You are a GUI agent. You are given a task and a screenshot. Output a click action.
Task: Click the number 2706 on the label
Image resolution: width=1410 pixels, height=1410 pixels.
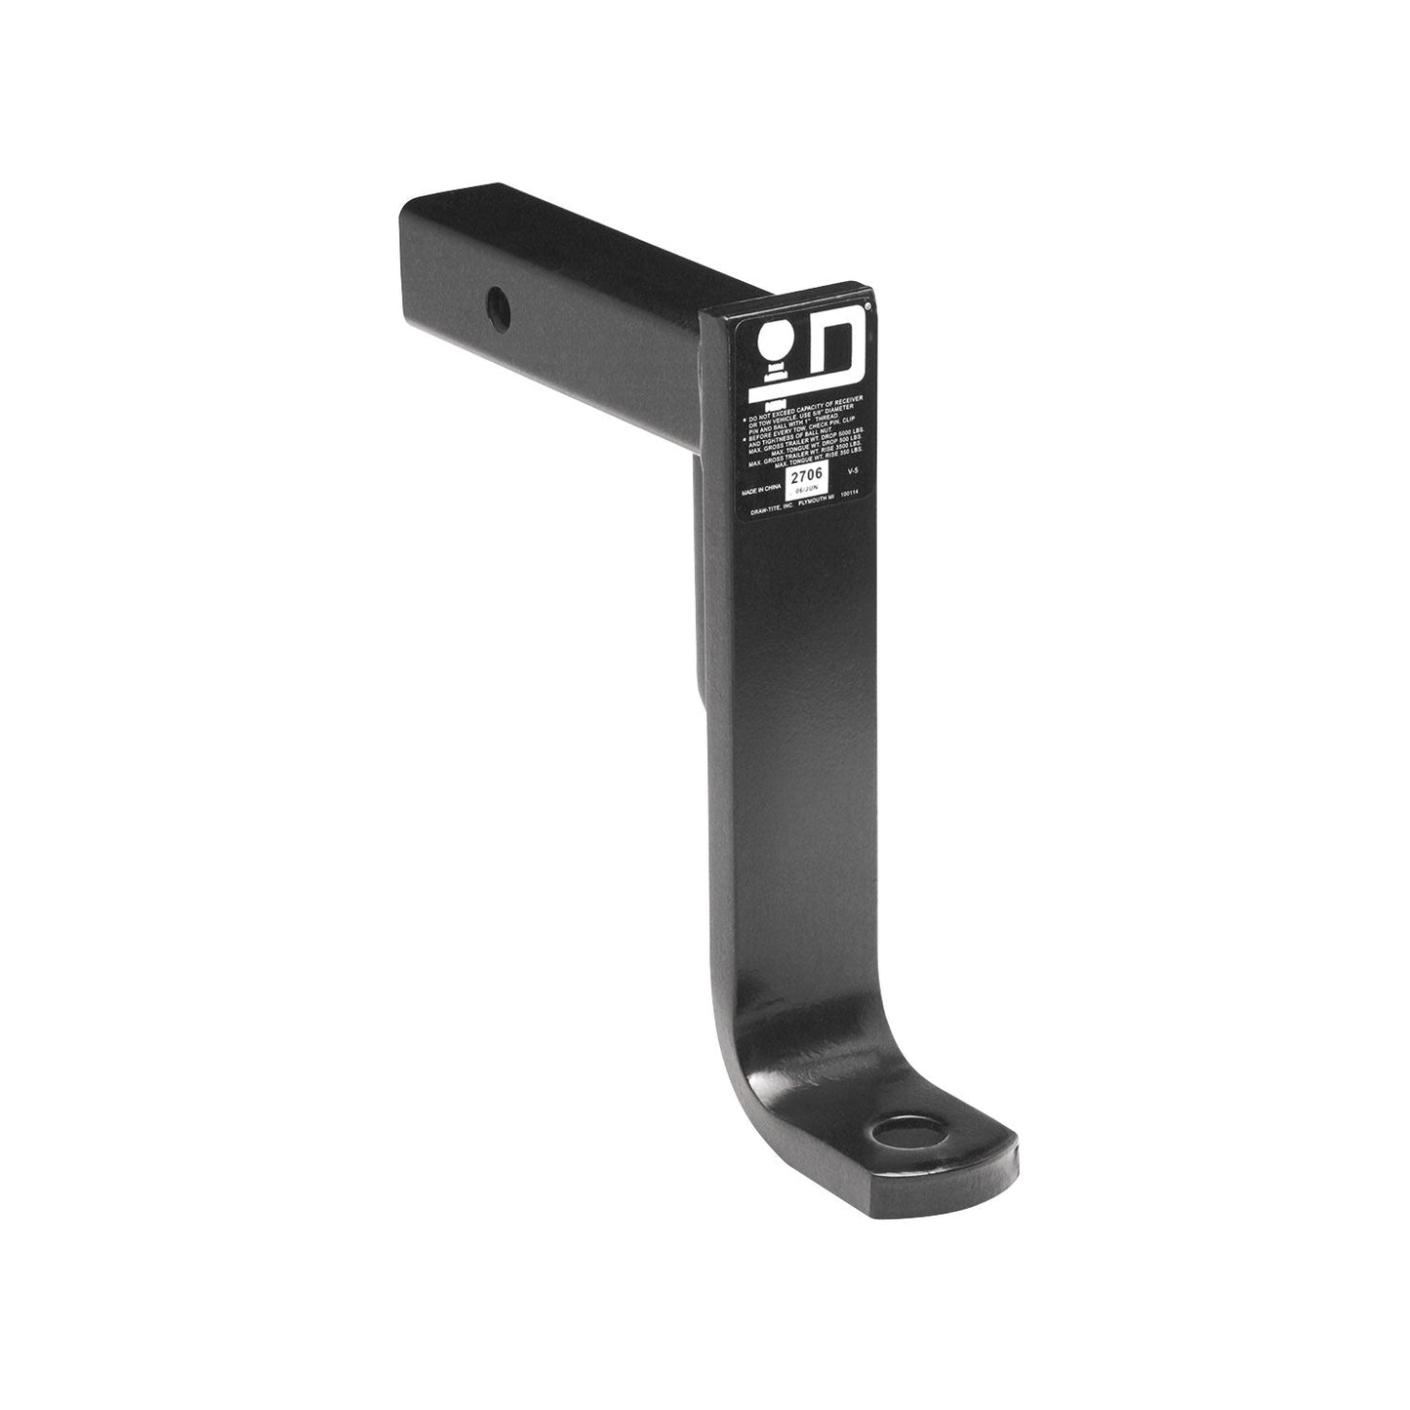[x=806, y=475]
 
